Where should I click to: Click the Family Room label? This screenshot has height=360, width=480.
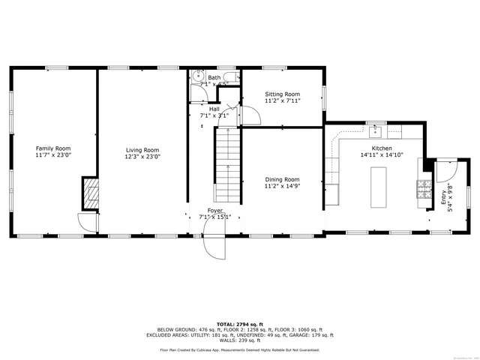tap(52, 148)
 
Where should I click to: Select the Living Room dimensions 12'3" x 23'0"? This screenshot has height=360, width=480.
tap(142, 157)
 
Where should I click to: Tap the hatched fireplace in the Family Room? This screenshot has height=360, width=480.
tap(90, 194)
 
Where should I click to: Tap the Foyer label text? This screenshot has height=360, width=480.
tap(214, 211)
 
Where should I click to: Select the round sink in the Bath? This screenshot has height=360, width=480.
tap(197, 76)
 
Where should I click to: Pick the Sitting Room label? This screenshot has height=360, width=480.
tap(283, 94)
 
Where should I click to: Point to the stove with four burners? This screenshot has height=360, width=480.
tap(424, 190)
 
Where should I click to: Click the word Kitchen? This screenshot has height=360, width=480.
tap(382, 148)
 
